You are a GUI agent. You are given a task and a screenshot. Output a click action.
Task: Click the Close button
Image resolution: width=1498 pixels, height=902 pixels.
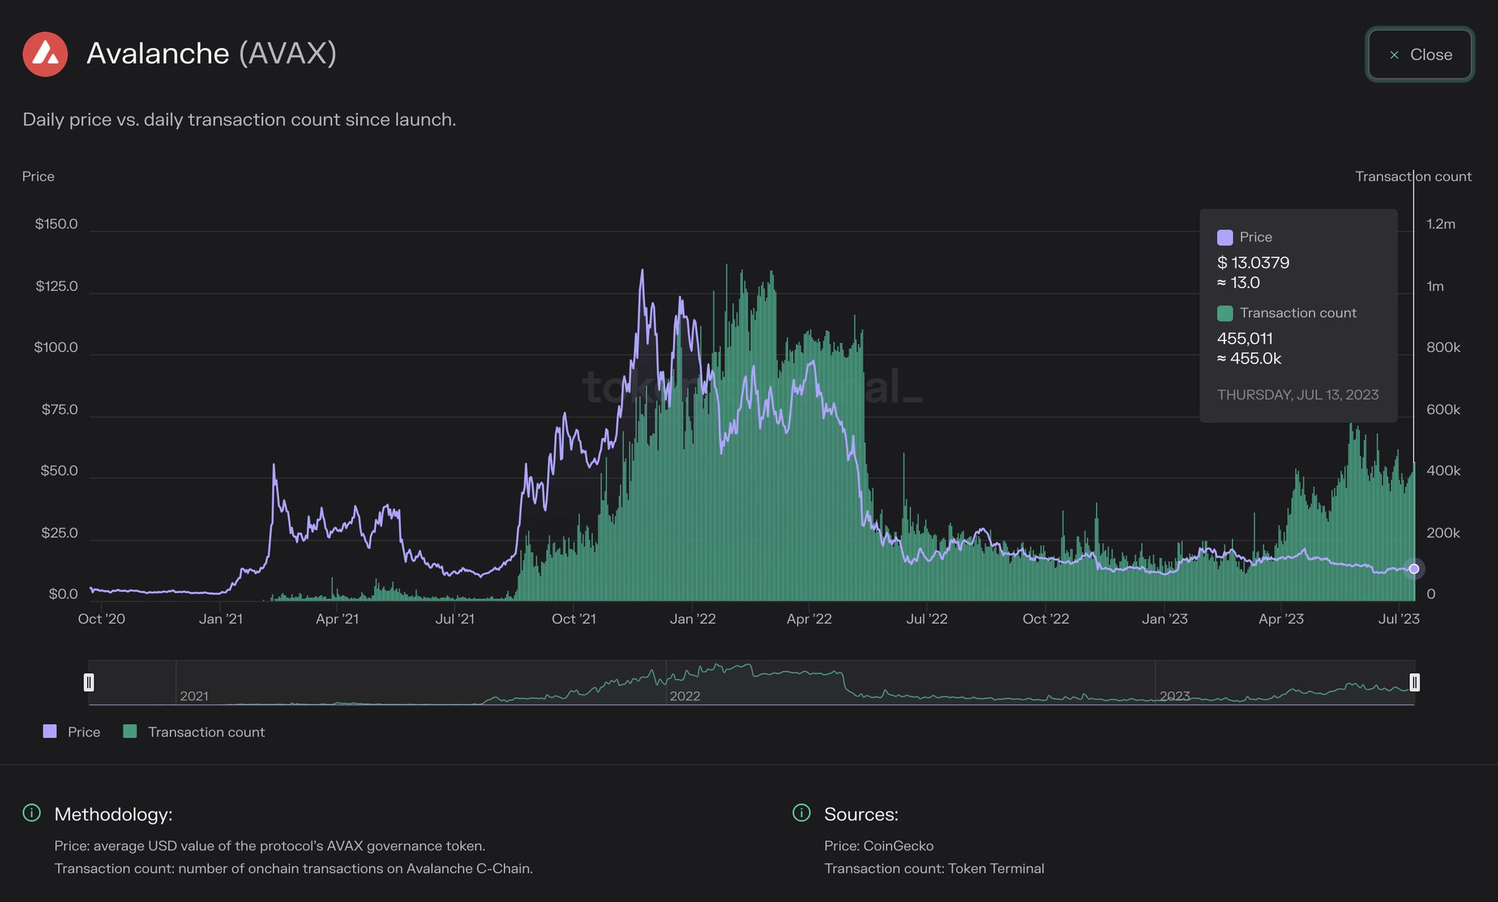[x=1419, y=55]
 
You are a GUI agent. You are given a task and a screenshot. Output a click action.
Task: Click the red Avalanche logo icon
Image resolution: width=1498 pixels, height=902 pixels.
[x=45, y=54]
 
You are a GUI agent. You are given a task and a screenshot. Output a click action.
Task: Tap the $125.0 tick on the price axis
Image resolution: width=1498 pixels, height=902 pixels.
[x=56, y=286]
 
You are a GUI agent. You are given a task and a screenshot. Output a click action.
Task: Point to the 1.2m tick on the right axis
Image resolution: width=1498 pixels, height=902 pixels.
[x=1440, y=224]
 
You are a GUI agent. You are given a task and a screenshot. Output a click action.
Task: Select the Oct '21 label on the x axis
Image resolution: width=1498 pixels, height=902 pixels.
[x=573, y=619]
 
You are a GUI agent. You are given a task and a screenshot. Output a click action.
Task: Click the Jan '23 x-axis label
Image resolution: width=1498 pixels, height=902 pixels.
[x=1164, y=619]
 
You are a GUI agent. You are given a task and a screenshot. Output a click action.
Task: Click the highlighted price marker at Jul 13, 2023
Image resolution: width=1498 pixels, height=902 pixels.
[x=1414, y=569]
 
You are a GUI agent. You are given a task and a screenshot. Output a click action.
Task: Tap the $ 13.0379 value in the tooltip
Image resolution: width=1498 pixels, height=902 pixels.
[x=1253, y=262]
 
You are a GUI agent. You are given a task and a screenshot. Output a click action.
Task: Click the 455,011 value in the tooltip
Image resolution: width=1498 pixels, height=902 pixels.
[x=1245, y=338]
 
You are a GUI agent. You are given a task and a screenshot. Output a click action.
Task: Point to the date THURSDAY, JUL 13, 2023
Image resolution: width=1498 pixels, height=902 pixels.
[x=1298, y=395]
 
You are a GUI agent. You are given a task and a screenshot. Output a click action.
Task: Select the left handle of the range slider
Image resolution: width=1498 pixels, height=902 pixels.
[x=89, y=682]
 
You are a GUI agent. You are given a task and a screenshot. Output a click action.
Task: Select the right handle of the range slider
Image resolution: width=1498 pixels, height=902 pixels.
[x=1415, y=682]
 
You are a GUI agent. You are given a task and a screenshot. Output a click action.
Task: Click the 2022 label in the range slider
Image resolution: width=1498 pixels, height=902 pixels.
[x=685, y=696]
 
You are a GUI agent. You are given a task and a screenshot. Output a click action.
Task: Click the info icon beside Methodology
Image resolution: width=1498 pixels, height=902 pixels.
[x=31, y=813]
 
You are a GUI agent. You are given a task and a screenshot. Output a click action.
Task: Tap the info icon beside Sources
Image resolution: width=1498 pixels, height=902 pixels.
[x=802, y=813]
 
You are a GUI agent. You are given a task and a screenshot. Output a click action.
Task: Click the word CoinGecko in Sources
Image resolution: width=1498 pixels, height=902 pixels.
[x=898, y=846]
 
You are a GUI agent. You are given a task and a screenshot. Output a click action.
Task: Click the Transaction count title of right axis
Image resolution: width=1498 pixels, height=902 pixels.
[x=1412, y=176]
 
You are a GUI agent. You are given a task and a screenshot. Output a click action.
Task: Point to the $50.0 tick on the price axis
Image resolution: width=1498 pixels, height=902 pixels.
[x=59, y=471]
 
